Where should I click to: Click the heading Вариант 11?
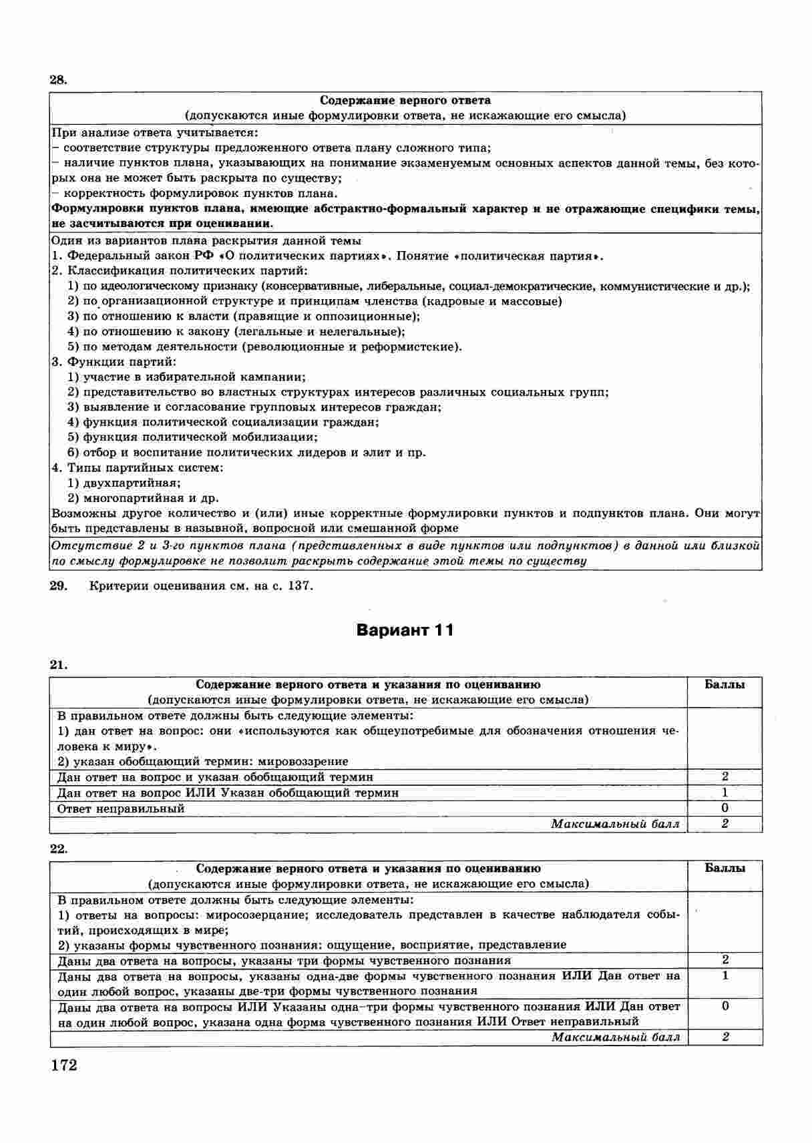[x=405, y=630]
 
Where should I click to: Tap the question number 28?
[x=58, y=79]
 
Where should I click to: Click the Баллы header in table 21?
[x=725, y=684]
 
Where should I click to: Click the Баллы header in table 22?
[x=725, y=869]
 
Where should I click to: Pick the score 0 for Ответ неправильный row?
[x=725, y=809]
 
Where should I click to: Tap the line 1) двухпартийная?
[x=124, y=483]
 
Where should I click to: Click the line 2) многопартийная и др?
[x=143, y=498]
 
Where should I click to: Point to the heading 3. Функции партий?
[x=114, y=362]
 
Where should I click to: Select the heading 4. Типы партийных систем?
[x=137, y=467]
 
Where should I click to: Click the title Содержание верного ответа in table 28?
[x=405, y=101]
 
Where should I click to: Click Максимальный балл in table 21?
[x=615, y=824]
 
